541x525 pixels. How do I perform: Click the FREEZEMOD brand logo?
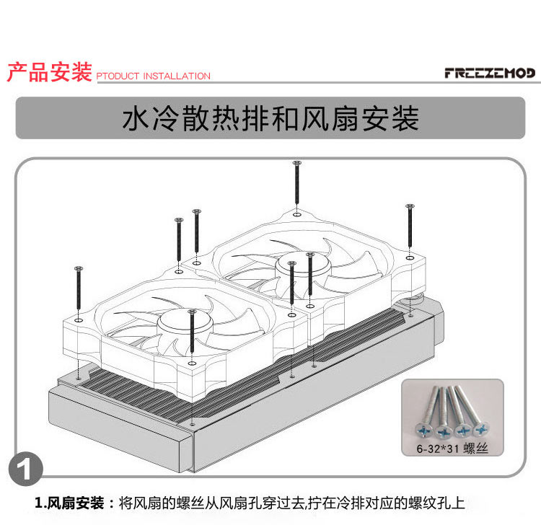click(x=491, y=74)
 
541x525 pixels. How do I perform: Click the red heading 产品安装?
click(x=49, y=72)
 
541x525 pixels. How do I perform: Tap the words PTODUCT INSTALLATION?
click(x=153, y=76)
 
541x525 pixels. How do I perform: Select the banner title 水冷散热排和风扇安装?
click(x=270, y=120)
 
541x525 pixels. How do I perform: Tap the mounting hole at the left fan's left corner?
click(x=79, y=318)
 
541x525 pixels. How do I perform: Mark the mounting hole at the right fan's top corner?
click(x=296, y=213)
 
